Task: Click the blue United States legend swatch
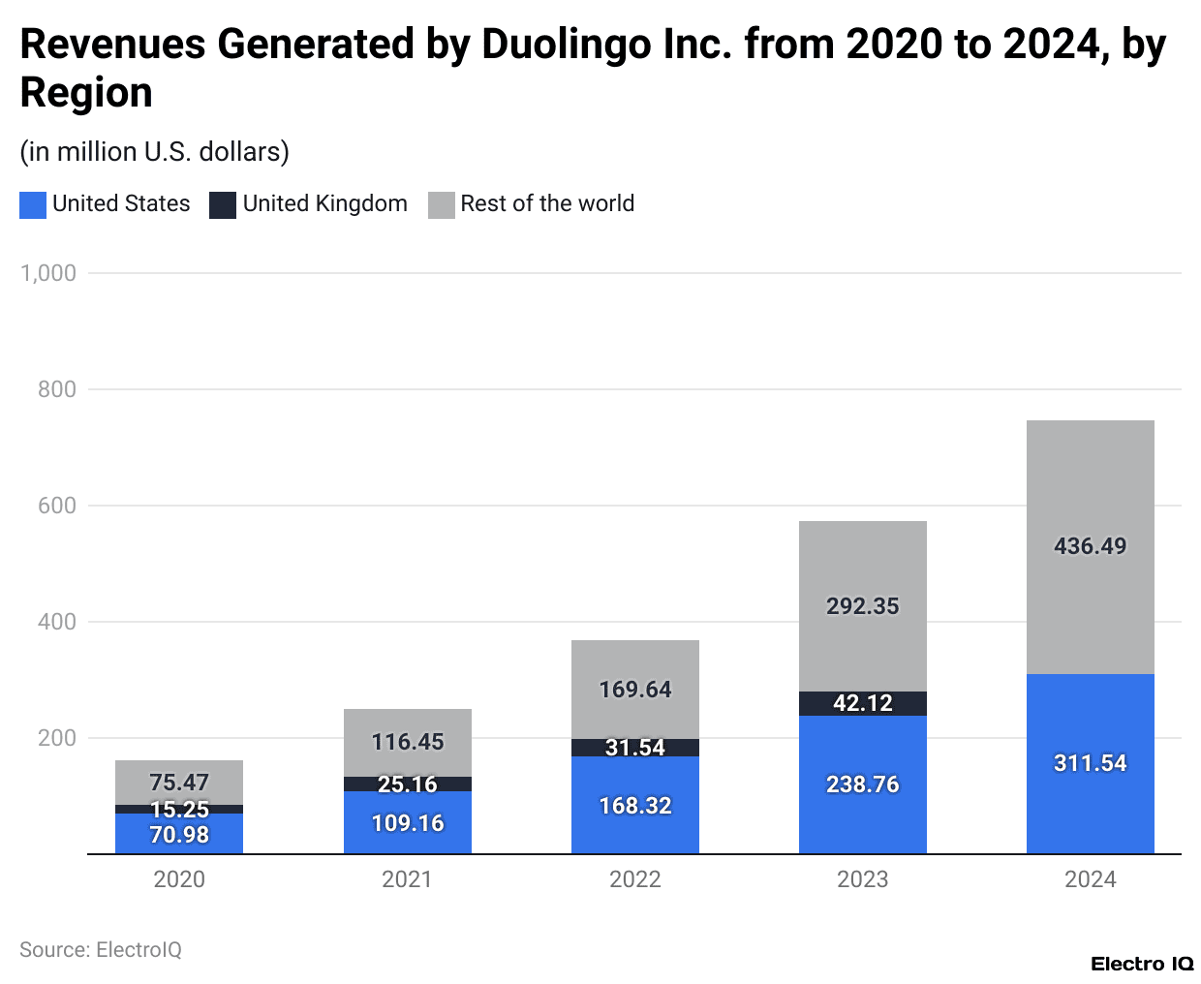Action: coord(33,204)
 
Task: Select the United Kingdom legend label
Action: coord(324,203)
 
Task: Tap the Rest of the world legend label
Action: coord(547,203)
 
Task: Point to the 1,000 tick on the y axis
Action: coord(48,273)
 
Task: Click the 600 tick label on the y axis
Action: coord(57,506)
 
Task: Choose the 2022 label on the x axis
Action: coord(634,879)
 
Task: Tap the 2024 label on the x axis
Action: coord(1090,879)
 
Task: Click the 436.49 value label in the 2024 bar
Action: coord(1090,546)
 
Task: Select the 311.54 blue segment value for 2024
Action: coord(1090,763)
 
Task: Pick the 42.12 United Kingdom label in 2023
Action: coord(862,703)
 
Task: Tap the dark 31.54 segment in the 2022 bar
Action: coord(634,748)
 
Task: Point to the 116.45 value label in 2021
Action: coord(407,742)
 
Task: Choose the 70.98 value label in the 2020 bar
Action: coord(179,835)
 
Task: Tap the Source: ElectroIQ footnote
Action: coord(101,950)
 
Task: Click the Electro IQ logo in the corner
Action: coord(1142,964)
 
